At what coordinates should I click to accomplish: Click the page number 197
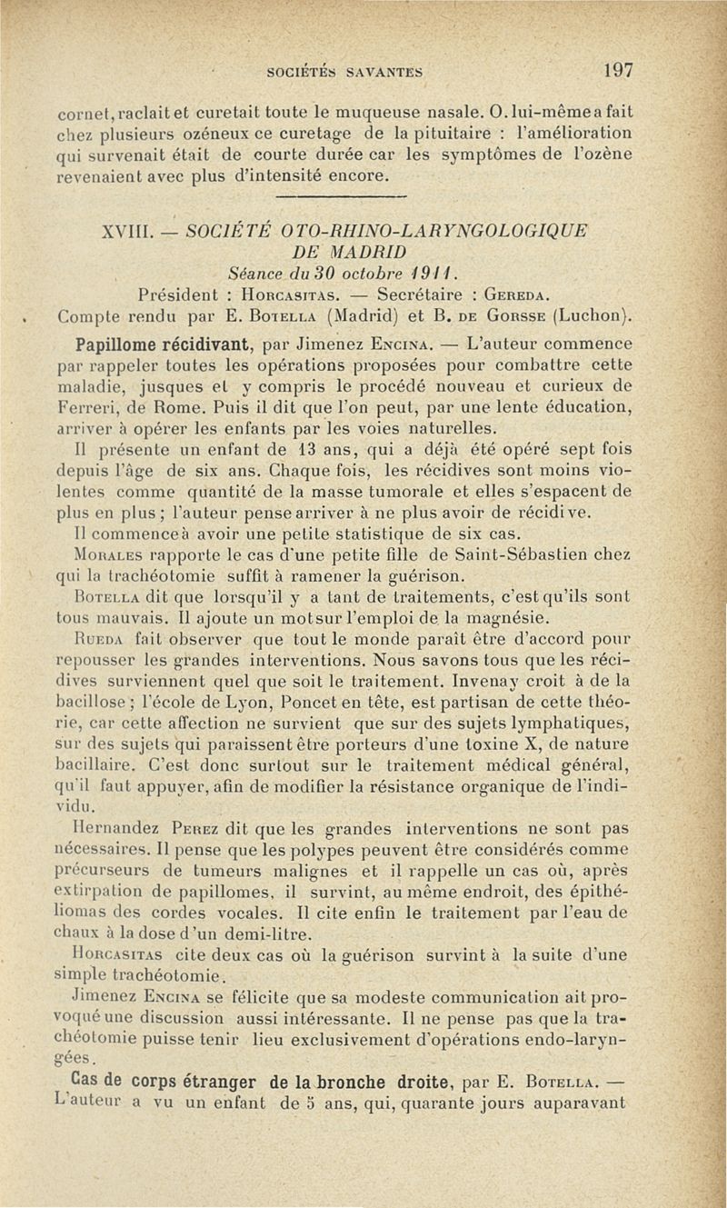click(617, 70)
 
